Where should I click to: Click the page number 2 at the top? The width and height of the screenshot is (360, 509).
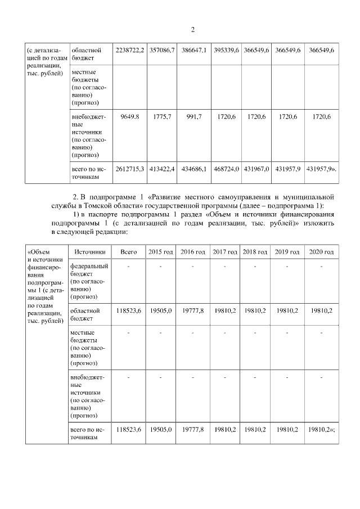coord(192,30)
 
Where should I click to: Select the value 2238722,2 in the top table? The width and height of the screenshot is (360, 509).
coord(129,51)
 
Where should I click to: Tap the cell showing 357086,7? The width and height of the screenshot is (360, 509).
coord(163,51)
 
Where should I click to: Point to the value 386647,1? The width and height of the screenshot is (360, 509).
coord(194,51)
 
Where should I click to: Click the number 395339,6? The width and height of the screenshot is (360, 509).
coord(226,51)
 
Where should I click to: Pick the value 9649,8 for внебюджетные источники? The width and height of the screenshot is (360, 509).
coord(129,116)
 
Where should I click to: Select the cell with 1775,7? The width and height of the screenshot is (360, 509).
coord(163,116)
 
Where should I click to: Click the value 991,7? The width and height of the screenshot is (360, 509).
coord(194,116)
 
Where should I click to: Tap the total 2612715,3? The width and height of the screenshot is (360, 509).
coord(129,169)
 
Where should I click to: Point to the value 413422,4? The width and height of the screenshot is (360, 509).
coord(163,169)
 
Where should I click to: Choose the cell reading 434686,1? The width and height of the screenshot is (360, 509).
coord(194,169)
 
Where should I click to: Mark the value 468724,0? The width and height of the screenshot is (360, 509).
coord(226,169)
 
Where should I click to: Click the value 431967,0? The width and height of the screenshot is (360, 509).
coord(255,169)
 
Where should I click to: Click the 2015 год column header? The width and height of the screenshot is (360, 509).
coord(161,251)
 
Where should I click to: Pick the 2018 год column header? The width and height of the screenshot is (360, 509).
coord(255,251)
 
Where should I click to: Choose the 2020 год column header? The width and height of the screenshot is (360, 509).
coord(321,251)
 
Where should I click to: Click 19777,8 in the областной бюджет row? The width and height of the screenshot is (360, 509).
coord(193,310)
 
